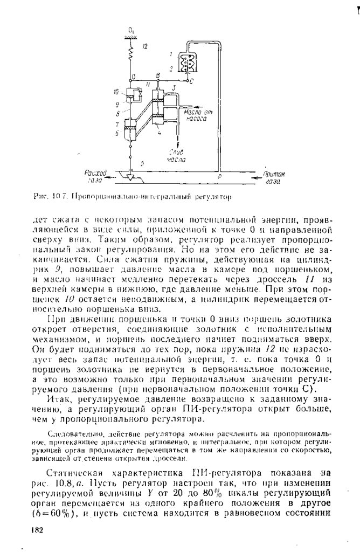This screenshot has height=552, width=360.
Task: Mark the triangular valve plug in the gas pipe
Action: [130, 175]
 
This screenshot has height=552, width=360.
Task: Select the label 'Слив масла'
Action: [176, 156]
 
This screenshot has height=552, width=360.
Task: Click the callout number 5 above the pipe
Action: [142, 163]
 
